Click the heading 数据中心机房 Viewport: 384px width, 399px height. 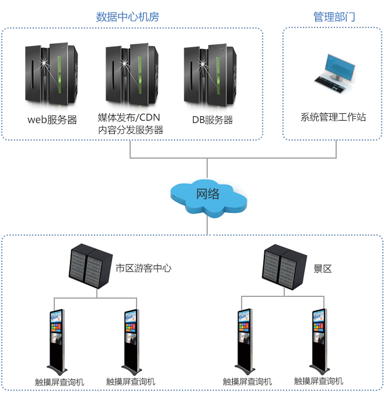pos(127,17)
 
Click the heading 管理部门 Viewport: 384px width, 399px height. pos(334,17)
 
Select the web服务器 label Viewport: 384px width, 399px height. pos(52,120)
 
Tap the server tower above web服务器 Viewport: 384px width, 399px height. pos(51,73)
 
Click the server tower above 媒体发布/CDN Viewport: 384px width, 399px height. pos(131,73)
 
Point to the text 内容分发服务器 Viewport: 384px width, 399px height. pos(131,130)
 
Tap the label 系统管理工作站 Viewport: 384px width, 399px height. pos(333,117)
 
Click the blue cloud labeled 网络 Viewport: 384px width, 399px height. pos(208,195)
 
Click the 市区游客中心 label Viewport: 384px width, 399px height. pos(143,268)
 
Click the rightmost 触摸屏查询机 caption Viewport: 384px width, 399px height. pos(319,381)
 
